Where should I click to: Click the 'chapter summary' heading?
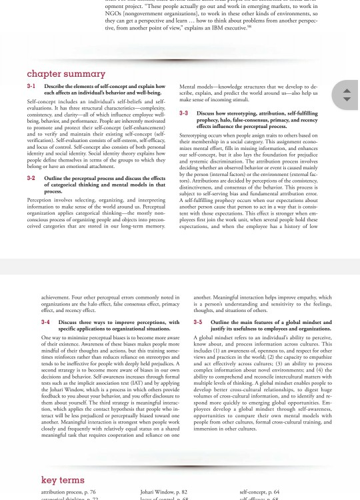[x=66, y=73]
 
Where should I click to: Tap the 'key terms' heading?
[x=63, y=479]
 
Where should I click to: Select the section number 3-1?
[x=31, y=87]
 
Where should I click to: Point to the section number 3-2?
[x=31, y=178]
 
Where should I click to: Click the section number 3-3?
[x=183, y=113]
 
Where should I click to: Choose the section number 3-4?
[x=45, y=322]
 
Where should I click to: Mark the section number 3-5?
[x=197, y=322]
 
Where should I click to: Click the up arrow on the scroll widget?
[x=346, y=90]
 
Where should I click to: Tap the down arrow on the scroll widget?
[x=346, y=99]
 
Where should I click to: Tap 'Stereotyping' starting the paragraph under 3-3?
[x=194, y=135]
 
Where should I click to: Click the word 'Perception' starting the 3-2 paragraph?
[x=40, y=199]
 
